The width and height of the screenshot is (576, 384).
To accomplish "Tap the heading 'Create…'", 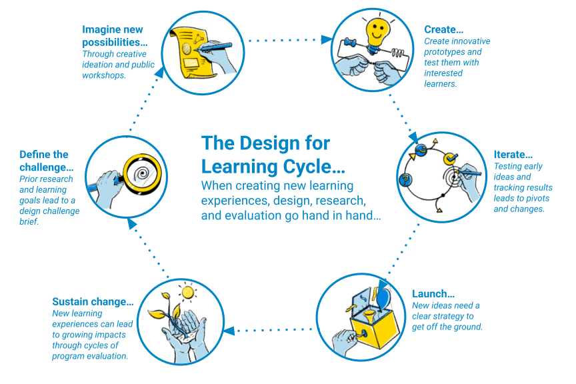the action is (x=443, y=29).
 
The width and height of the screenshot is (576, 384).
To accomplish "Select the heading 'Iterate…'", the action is (x=513, y=155).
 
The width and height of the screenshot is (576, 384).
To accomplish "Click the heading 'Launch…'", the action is (x=433, y=294).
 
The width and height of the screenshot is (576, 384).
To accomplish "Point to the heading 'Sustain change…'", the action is (x=93, y=302).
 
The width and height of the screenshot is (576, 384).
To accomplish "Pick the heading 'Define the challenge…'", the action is (x=47, y=161).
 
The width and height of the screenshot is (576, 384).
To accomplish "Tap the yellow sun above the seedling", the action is (x=188, y=291).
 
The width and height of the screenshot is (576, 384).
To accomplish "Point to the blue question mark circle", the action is (x=404, y=181).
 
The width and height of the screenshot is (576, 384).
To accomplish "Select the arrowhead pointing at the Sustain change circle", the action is (x=228, y=330).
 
